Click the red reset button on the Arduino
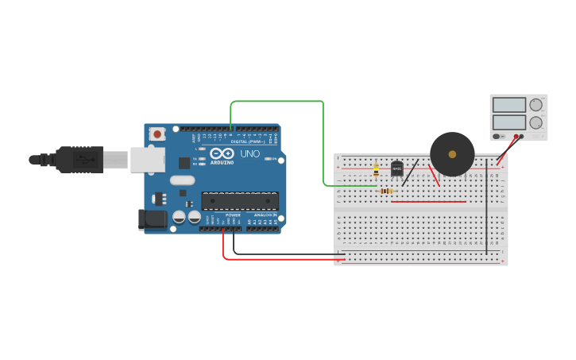click(157, 134)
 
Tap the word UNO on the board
click(249, 153)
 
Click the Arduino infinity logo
click(222, 153)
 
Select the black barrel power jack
click(153, 219)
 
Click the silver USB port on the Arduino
click(148, 160)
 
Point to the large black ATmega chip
click(240, 200)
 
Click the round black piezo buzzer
click(452, 154)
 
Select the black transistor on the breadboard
click(396, 169)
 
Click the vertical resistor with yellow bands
click(376, 169)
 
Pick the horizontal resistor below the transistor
click(386, 191)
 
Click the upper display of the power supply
click(508, 105)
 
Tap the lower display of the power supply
click(508, 122)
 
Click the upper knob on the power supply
click(536, 105)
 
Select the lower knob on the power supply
click(536, 123)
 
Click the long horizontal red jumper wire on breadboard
click(429, 202)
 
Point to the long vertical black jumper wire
click(486, 207)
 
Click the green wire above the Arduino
click(278, 102)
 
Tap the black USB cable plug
click(79, 160)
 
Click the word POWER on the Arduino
click(233, 215)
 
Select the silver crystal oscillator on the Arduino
click(182, 180)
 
